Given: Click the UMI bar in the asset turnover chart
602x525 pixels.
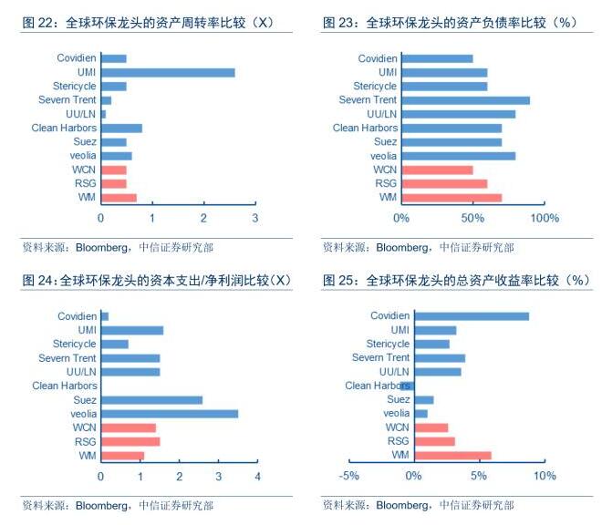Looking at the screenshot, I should click(x=168, y=72).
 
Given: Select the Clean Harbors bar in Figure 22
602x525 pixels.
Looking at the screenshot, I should click(x=121, y=128).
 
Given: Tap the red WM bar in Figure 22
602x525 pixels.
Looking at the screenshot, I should click(x=119, y=197).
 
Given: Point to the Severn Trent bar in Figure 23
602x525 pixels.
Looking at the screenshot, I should click(x=465, y=100).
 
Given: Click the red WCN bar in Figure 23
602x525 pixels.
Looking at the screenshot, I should click(x=437, y=170).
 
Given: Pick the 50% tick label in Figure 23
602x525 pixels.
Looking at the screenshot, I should click(x=472, y=219).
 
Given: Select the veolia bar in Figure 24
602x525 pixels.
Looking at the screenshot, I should click(x=170, y=413).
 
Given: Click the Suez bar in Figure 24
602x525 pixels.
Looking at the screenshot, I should click(x=151, y=399).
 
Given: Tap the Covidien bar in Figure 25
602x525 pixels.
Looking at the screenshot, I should click(x=472, y=316).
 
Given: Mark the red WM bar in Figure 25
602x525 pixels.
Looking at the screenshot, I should click(x=452, y=455).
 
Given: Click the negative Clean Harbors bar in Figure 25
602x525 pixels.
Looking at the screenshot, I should click(x=408, y=386).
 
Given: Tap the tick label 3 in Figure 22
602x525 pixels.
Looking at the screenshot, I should click(x=256, y=219).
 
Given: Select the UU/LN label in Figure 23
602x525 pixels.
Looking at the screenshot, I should click(x=381, y=114).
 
